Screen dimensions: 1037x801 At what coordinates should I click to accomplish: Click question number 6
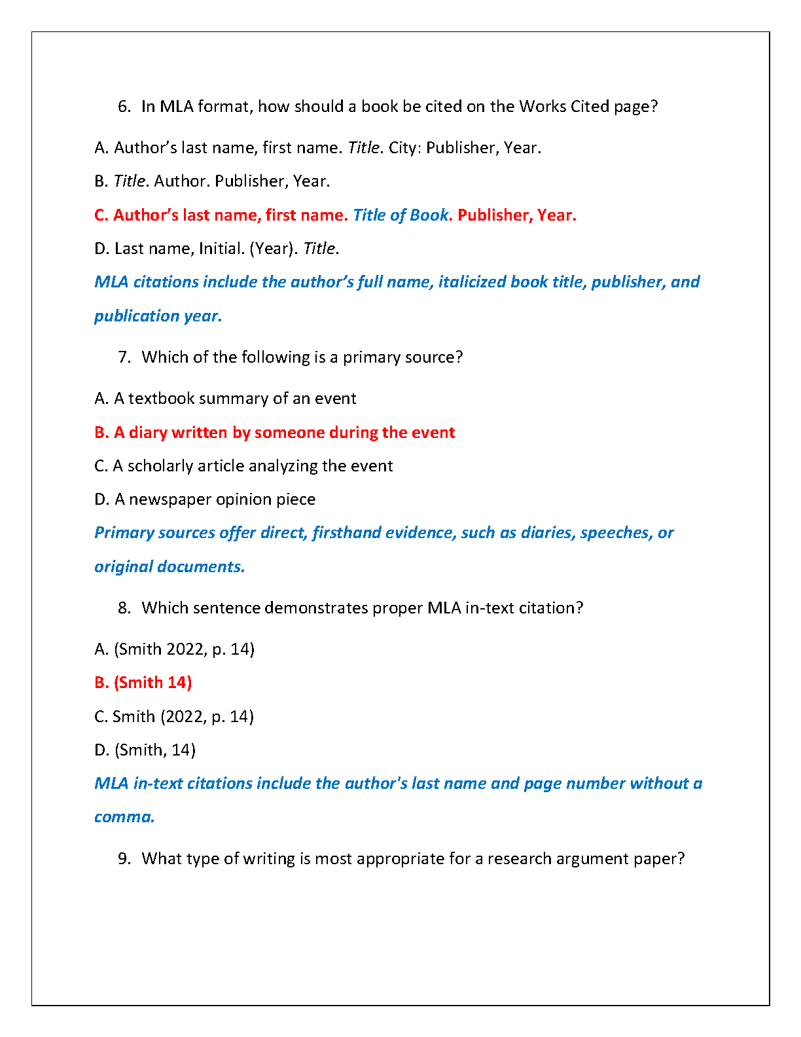click(124, 107)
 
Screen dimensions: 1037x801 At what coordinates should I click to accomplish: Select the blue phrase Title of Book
click(400, 215)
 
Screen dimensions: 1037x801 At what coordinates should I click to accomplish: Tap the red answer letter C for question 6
click(100, 215)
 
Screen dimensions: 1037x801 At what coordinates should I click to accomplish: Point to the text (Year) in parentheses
click(274, 249)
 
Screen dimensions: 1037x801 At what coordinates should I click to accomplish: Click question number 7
click(124, 357)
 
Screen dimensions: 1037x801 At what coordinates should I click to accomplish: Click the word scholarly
click(160, 466)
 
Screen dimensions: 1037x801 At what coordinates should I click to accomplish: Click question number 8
click(124, 608)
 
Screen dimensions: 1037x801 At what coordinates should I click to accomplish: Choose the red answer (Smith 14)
click(152, 683)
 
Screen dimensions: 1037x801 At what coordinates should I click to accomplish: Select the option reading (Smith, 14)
click(155, 750)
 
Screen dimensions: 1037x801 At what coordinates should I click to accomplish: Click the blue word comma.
click(123, 817)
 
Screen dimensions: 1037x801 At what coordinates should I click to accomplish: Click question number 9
click(124, 859)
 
